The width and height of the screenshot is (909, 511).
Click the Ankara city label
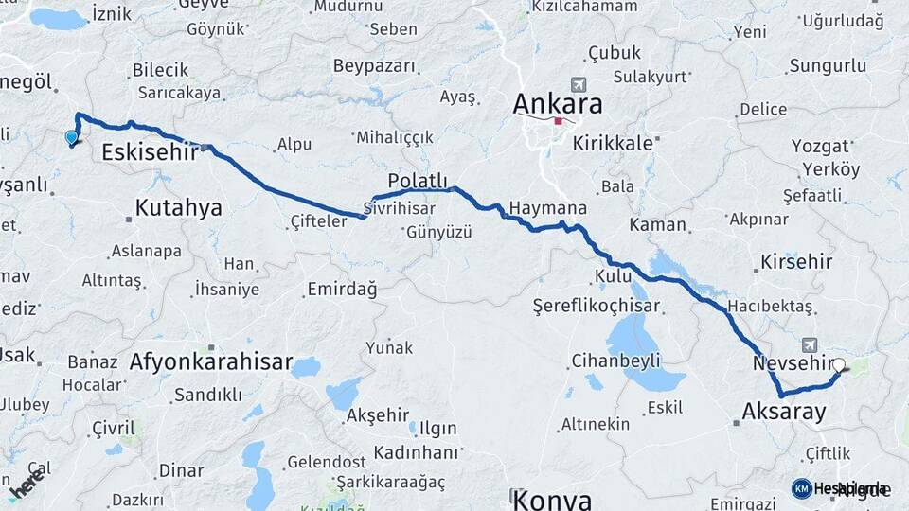pos(558,103)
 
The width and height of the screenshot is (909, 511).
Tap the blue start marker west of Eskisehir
pos(71,137)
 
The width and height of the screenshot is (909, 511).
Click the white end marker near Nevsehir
pos(838,363)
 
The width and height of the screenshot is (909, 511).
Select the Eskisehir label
pos(149,151)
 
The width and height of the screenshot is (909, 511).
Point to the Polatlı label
pos(417,181)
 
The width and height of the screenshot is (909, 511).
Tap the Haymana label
pos(547,208)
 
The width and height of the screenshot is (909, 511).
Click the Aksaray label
pos(784,412)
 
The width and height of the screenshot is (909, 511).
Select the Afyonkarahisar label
pos(211,361)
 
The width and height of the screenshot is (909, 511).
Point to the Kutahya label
pos(178,207)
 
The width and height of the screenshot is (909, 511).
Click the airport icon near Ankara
pos(579,84)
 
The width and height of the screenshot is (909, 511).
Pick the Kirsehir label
pos(795,261)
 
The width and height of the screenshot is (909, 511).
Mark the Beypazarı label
pos(374,66)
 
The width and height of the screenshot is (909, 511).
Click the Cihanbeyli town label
pos(615,361)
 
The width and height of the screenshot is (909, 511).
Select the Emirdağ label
pos(342,290)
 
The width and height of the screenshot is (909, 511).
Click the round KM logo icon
pos(801,488)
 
